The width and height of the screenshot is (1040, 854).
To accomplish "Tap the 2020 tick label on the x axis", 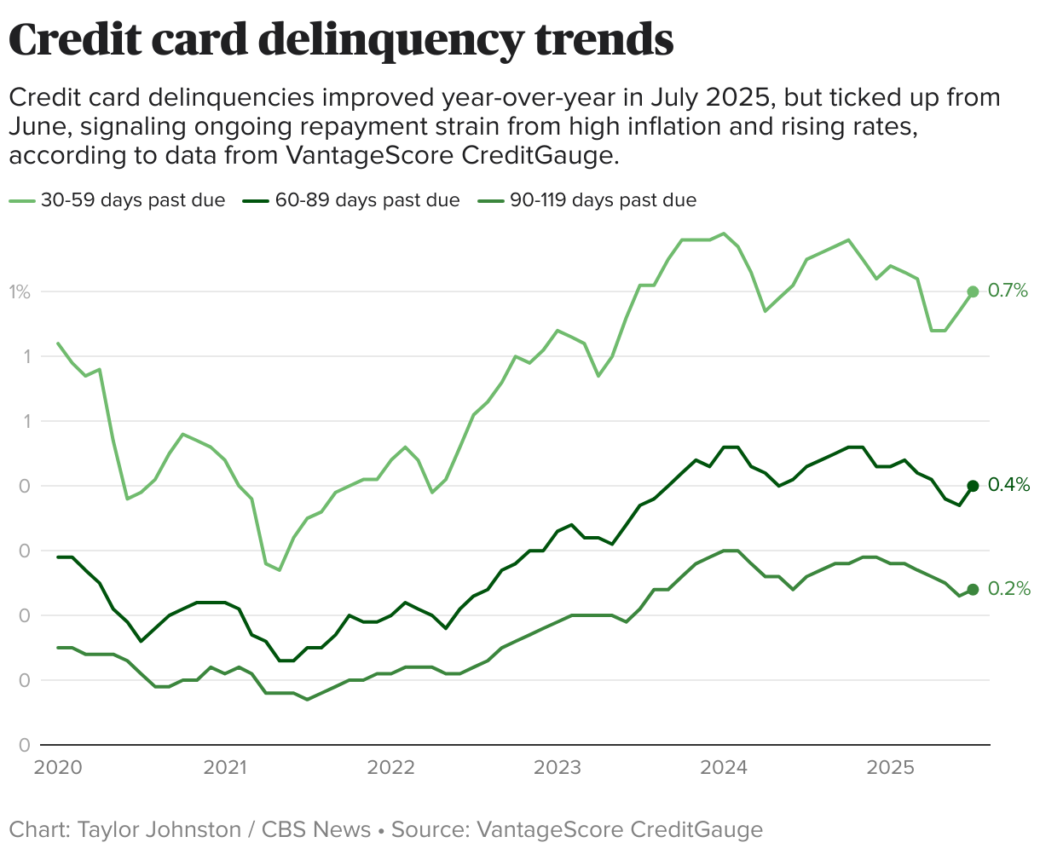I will coord(58,768).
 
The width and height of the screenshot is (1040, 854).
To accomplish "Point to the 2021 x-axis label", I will coord(224,768).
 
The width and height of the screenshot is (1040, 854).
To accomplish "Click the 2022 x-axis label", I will coord(390,768).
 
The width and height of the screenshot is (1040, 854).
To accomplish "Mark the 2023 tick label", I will coord(558,768).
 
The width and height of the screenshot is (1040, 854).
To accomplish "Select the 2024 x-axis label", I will coord(724,768).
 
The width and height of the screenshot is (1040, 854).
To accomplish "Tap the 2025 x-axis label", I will coord(890,768).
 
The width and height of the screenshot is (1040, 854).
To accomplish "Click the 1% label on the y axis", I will coord(20,292).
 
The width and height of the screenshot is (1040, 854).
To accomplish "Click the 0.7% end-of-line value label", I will coord(1008,291).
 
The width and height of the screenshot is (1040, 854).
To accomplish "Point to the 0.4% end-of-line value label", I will coord(1008,486).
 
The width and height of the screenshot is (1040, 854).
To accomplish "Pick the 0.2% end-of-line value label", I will coord(1008,589).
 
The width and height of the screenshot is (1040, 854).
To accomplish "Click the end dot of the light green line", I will coord(973,292).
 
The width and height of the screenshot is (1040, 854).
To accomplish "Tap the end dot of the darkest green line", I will coord(973,486).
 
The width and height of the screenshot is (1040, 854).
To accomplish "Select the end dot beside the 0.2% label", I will coord(973,589).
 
